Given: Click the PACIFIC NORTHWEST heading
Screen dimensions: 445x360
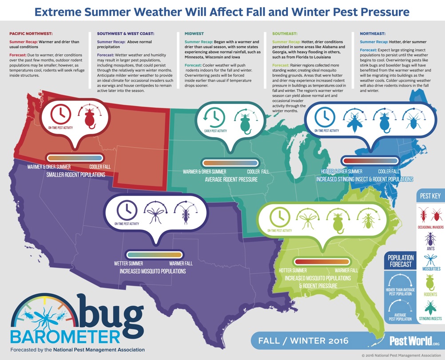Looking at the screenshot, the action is [31, 33].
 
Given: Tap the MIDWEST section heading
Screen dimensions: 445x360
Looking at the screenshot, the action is [194, 33].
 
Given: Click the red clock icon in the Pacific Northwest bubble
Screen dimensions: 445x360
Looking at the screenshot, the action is [60, 114].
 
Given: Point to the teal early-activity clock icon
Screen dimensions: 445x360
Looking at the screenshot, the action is [215, 117].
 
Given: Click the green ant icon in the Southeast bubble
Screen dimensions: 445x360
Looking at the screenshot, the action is [368, 219].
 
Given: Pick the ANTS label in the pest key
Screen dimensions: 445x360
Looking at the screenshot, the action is [430, 249].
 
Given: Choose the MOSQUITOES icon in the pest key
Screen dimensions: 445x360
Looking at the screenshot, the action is [431, 260].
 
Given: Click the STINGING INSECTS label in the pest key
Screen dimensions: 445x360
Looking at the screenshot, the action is [430, 319].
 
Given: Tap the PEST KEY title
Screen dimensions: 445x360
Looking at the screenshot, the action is [430, 196].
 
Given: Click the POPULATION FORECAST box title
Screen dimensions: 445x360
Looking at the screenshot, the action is [401, 261].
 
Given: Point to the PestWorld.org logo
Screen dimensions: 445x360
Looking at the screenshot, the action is [414, 341].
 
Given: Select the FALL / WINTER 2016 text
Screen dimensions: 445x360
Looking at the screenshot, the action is [303, 340].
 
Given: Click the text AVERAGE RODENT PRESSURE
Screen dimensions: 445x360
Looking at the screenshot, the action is [231, 180].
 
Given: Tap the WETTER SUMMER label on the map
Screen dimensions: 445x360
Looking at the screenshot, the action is [128, 264].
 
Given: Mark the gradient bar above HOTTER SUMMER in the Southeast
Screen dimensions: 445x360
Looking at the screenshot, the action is [322, 261].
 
